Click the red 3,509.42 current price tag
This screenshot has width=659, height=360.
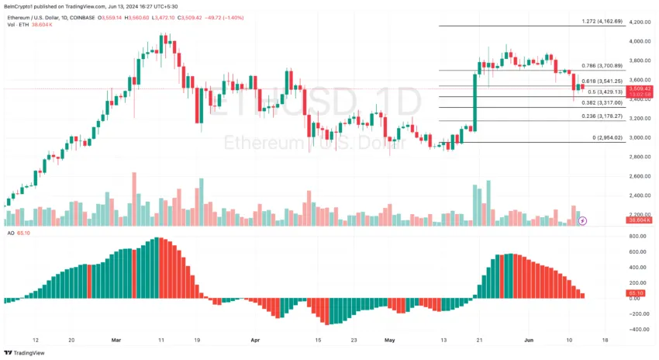click(640, 88)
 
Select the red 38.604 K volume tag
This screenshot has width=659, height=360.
click(640, 221)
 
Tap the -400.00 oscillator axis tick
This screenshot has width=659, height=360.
click(638, 329)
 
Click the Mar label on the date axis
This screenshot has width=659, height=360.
click(116, 340)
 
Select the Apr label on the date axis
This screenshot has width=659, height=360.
click(256, 340)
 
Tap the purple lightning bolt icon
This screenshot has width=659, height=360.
click(583, 221)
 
